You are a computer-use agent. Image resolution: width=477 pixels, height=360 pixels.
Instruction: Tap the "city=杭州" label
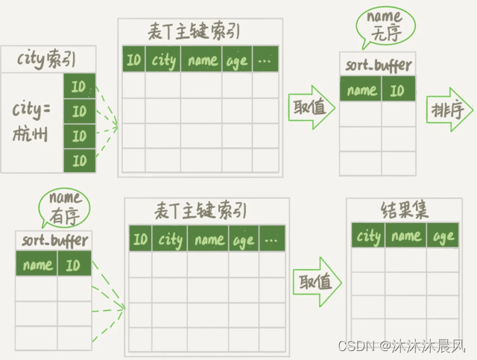31,121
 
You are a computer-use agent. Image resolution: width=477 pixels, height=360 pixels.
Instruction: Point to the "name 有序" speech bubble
65,206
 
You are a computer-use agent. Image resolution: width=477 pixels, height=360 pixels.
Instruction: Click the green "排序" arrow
449,111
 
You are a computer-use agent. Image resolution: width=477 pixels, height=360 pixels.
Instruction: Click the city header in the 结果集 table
369,237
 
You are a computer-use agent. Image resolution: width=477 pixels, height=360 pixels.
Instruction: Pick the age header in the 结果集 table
443,237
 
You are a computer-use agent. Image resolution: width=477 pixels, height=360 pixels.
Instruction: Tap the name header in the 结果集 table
405,237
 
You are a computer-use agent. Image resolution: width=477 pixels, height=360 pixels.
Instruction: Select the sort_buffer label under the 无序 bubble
378,64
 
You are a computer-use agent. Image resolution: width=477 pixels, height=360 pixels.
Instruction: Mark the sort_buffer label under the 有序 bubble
53,241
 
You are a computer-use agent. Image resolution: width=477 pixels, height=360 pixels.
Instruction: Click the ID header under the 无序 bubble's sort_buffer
397,90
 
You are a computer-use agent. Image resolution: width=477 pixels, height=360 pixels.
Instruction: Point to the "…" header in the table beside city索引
265,60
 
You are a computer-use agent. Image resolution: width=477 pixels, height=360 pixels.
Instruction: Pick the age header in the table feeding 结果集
244,239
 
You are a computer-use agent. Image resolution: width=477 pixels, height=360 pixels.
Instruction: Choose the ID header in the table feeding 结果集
140,239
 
